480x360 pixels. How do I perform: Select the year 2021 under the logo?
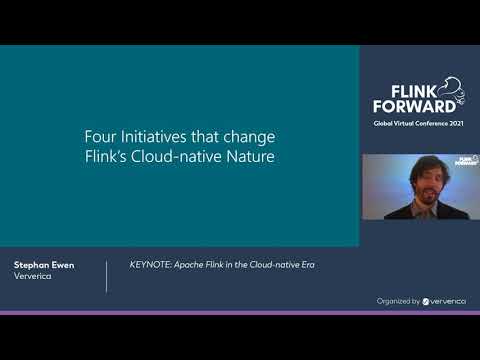[x=456, y=122]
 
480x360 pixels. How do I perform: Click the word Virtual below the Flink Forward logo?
[x=405, y=122]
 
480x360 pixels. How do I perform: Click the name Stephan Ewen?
[x=44, y=266]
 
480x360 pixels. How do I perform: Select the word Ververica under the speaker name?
[x=34, y=277]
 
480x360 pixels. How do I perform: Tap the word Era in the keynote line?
[x=317, y=265]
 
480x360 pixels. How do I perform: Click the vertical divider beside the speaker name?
[x=107, y=276]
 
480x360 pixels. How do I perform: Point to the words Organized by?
[x=399, y=300]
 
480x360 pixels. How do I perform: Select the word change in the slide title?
[x=244, y=137]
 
